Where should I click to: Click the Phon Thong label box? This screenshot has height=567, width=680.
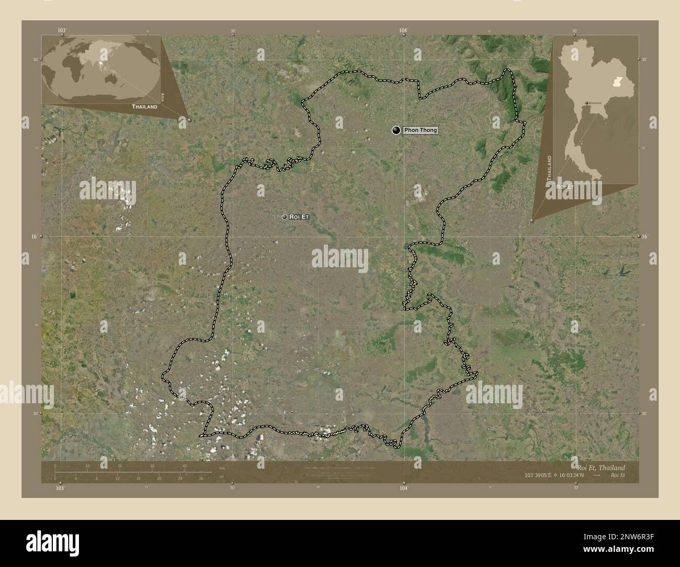coord(420,130)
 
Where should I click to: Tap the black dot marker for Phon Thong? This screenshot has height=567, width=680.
coord(396,130)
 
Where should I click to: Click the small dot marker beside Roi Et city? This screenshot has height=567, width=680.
coord(284,217)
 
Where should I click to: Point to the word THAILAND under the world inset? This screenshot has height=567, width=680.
coord(144,106)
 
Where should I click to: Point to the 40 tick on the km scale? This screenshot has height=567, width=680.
coord(184,466)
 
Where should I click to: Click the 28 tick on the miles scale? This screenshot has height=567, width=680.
coord(200,478)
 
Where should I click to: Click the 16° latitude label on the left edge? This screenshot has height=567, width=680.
coord(33,237)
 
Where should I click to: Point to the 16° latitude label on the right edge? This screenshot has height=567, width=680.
coord(645,237)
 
